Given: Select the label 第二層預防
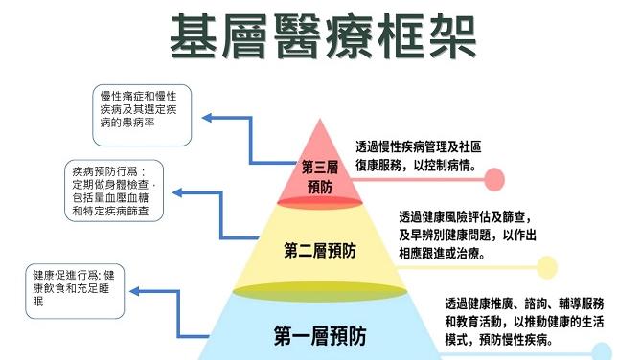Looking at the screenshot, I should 320,252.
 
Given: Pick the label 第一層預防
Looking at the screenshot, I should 320,336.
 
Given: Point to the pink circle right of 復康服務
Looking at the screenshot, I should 495,178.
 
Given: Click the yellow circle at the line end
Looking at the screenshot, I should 546,267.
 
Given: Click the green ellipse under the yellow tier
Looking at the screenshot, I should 320,290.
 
